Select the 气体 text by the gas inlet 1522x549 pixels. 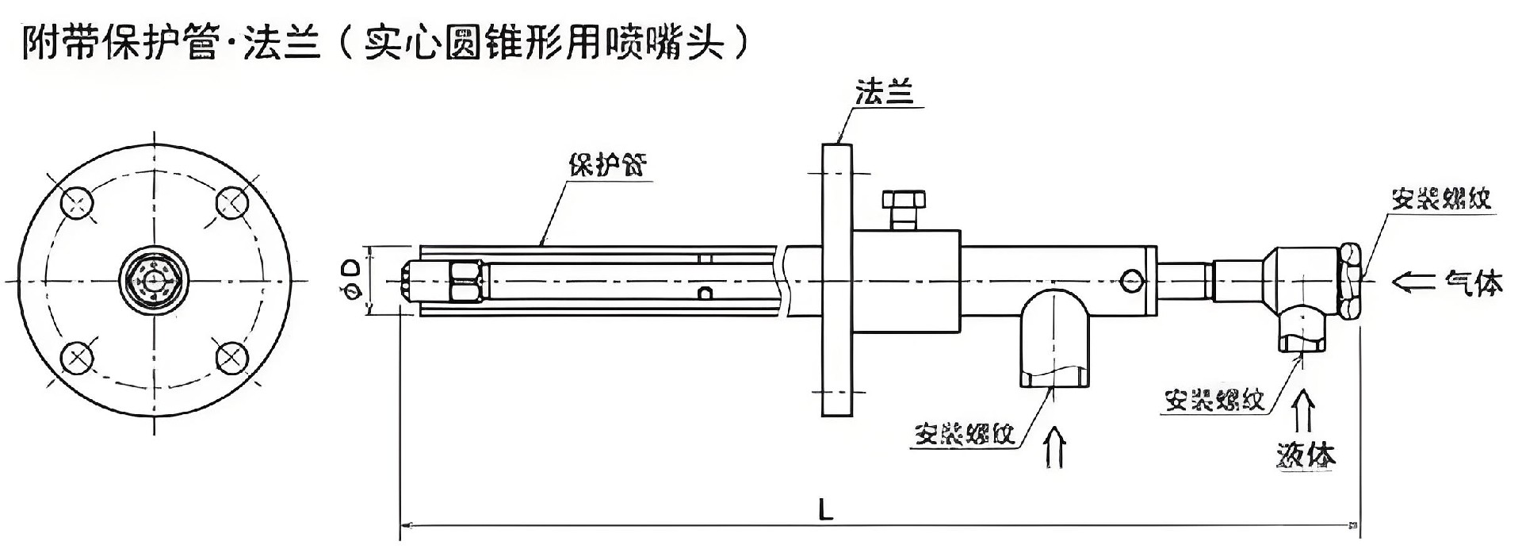click(1473, 282)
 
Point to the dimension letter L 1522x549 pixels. click(826, 509)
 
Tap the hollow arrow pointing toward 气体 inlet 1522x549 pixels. click(1413, 282)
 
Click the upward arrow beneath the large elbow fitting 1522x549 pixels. click(1055, 447)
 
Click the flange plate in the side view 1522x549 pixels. click(837, 280)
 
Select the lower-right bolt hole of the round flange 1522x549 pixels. click(232, 358)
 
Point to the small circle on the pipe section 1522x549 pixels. click(1132, 280)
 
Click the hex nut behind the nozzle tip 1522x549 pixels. click(465, 281)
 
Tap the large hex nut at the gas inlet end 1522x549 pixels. click(1350, 281)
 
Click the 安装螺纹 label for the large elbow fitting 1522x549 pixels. click(964, 434)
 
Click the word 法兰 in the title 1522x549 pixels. click(281, 43)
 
